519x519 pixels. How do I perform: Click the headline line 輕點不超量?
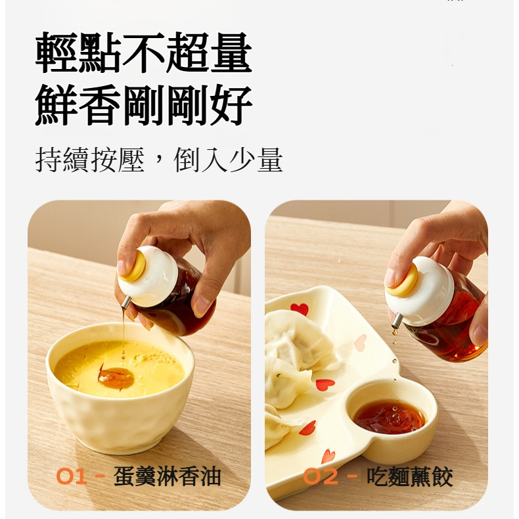pyautogui.click(x=143, y=53)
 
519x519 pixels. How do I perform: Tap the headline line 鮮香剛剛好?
pyautogui.click(x=143, y=106)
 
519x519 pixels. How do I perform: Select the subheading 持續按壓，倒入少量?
pyautogui.click(x=158, y=160)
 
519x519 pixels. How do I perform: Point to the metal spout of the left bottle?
pyautogui.click(x=125, y=302)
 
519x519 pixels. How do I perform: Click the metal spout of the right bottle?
pyautogui.click(x=397, y=321)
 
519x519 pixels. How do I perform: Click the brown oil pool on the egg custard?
pyautogui.click(x=116, y=378)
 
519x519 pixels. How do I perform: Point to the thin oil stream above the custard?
pyautogui.click(x=124, y=335)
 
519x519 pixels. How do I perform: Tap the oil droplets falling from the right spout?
pyautogui.click(x=394, y=337)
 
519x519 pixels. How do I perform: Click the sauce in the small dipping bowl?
pyautogui.click(x=390, y=417)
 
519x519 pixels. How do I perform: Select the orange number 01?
pyautogui.click(x=72, y=476)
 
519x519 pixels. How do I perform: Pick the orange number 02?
pyautogui.click(x=321, y=476)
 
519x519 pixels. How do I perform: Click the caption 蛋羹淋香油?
pyautogui.click(x=167, y=476)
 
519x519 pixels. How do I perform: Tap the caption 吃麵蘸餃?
pyautogui.click(x=409, y=476)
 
